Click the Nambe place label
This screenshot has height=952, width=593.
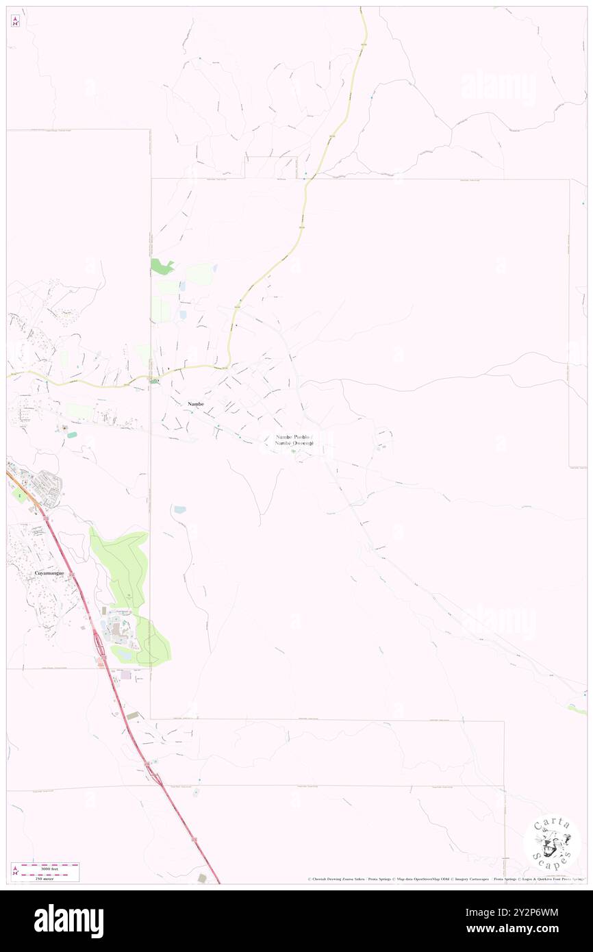tap(195, 404)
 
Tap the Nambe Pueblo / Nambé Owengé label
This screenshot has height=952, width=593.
tap(294, 440)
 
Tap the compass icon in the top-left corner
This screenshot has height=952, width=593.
tap(15, 21)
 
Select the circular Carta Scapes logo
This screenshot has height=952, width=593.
tap(552, 842)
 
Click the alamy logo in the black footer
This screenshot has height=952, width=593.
tap(68, 921)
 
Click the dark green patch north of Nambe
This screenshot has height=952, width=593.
tap(162, 266)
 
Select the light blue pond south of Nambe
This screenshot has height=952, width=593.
tap(179, 510)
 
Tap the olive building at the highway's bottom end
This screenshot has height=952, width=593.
tap(202, 877)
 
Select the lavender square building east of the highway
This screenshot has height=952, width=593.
tap(125, 675)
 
